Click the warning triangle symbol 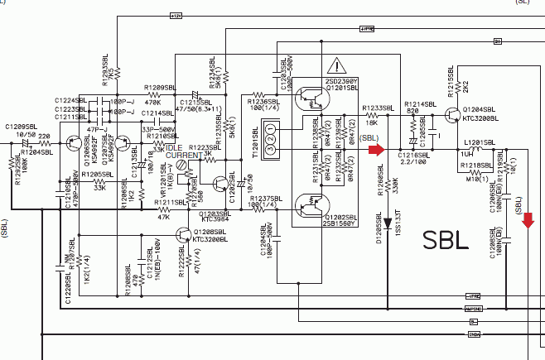[337, 66]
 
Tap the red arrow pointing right [377, 150]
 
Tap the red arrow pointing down [528, 219]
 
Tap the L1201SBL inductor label [479, 142]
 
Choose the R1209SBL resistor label [159, 87]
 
